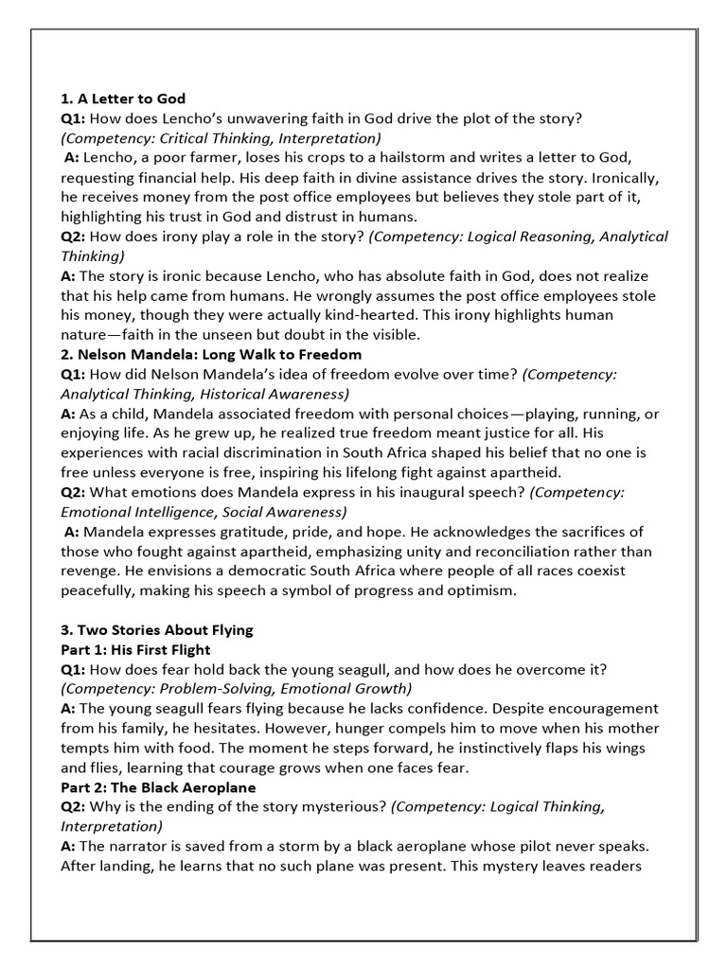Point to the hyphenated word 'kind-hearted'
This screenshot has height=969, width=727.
click(x=470, y=315)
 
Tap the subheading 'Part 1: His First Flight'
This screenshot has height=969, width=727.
click(x=135, y=650)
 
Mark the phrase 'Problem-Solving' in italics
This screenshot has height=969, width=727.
click(x=197, y=689)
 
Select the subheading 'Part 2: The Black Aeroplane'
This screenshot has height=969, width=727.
click(x=158, y=787)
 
